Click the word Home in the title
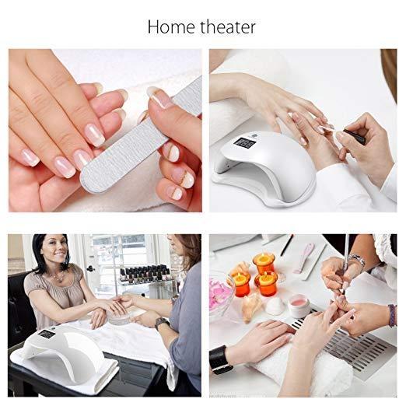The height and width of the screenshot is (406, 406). (x=170, y=26)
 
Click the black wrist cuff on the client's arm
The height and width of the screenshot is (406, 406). (x=220, y=359)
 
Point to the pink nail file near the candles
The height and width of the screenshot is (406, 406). (x=304, y=256)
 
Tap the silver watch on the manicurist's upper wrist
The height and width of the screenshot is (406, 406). (x=356, y=262)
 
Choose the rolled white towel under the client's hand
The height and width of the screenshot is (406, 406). (x=311, y=373)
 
